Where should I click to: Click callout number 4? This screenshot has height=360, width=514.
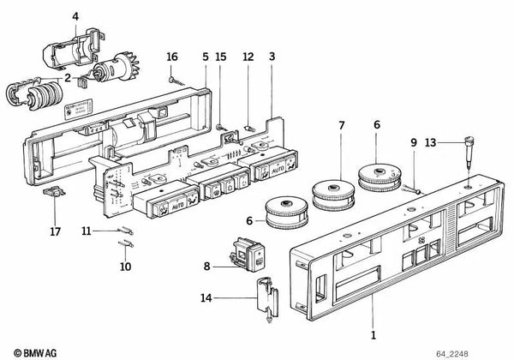(x=75, y=16)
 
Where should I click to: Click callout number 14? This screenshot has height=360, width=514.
(x=206, y=298)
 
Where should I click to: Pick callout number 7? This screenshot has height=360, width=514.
(x=340, y=126)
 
